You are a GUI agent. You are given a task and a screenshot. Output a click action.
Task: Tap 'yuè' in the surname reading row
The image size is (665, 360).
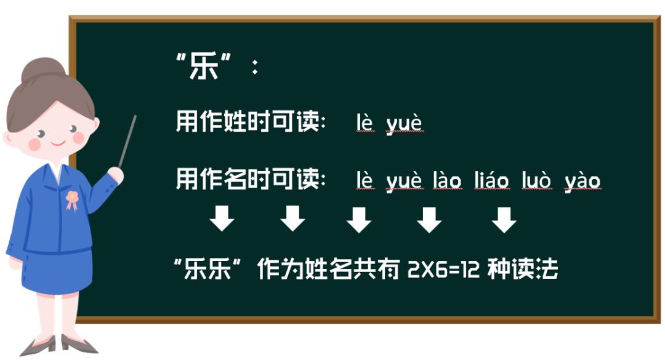point(405,124)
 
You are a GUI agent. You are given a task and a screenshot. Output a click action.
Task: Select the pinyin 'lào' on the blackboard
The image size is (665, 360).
point(447,181)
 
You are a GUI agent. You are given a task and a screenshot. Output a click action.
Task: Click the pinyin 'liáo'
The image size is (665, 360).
point(491,181)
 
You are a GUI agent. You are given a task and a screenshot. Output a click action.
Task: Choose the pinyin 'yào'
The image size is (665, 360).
point(582,181)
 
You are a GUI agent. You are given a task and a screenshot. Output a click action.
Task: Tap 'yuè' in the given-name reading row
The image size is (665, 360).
point(405,181)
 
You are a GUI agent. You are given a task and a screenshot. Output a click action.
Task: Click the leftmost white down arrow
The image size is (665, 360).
point(222,219)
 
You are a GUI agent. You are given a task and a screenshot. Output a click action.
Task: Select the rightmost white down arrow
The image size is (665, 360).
point(504,219)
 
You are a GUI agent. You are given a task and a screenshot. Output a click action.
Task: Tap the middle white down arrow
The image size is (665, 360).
point(358,219)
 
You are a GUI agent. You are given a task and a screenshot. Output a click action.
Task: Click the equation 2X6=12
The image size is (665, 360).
point(443,270)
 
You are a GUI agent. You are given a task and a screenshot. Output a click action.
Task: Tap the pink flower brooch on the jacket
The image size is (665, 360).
point(72,199)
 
